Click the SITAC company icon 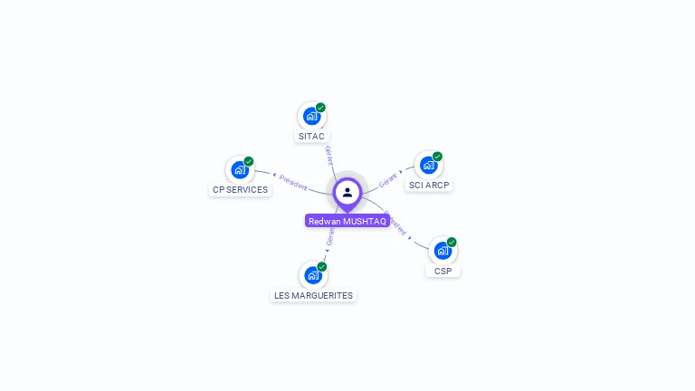coord(311,116)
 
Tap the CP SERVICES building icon coord(240,169)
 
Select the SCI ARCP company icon coord(428,165)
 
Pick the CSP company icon coord(443,251)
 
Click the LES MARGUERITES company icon coord(312,275)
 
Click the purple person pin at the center coord(347,193)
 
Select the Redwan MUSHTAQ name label coord(347,221)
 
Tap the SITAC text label coord(311,137)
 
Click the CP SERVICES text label coord(240,190)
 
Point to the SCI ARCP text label coord(429,186)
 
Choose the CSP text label coord(443,272)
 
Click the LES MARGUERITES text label coord(313,296)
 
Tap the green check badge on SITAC coord(320,108)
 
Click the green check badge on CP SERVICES coord(249,161)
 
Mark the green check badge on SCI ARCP coord(437,157)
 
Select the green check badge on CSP coord(452,243)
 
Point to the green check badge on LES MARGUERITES coord(321,267)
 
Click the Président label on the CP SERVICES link coord(293,181)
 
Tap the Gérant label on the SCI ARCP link coord(389,180)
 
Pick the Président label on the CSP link coord(396,224)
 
